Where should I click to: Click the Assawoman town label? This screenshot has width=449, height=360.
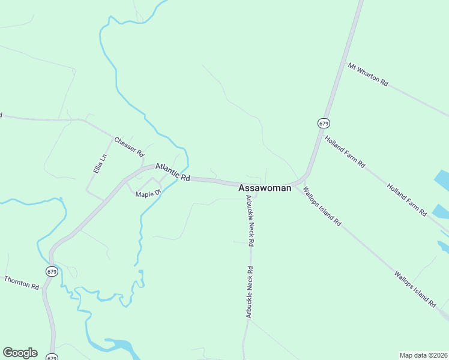tap(265, 188)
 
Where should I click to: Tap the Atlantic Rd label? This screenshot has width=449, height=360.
tap(172, 172)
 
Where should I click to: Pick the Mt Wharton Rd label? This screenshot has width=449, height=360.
tap(368, 74)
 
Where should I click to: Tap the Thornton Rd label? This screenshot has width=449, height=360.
tap(22, 283)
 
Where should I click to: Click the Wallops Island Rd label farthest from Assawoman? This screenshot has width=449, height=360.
tap(415, 289)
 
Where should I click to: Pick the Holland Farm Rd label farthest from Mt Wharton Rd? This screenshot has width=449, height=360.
tap(406, 199)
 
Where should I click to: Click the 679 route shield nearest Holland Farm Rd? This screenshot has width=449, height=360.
tap(324, 122)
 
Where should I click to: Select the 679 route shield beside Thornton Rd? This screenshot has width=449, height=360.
tap(52, 271)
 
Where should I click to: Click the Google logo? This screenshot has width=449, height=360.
tap(20, 353)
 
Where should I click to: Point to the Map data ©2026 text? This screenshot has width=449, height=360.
tap(424, 355)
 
